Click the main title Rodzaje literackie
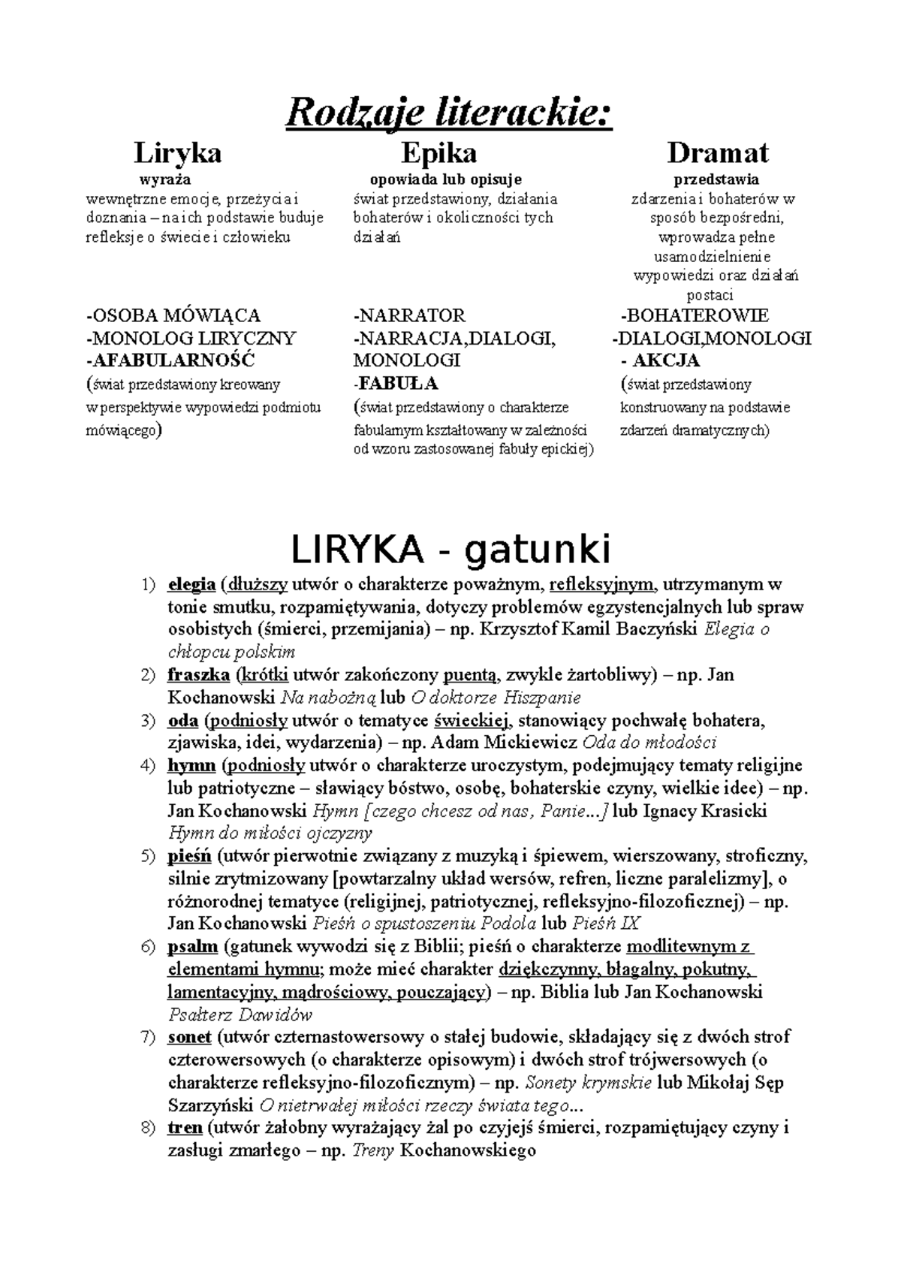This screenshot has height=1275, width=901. (x=449, y=114)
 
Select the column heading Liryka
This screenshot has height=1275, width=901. (x=177, y=153)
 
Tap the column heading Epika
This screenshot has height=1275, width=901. (x=438, y=153)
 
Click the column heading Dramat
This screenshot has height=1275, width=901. (x=717, y=153)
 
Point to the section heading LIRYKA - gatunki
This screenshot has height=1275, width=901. (x=450, y=550)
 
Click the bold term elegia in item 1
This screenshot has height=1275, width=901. (x=191, y=584)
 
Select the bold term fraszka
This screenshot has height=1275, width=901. (x=198, y=675)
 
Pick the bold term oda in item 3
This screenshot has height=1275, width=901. (x=182, y=721)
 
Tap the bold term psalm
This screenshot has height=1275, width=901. (x=192, y=947)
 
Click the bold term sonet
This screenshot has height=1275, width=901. (x=189, y=1038)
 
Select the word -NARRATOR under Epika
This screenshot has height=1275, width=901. (x=409, y=315)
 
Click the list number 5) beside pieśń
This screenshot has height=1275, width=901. (x=148, y=857)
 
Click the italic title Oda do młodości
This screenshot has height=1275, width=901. (x=649, y=743)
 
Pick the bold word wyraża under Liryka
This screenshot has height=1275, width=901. (x=165, y=179)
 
